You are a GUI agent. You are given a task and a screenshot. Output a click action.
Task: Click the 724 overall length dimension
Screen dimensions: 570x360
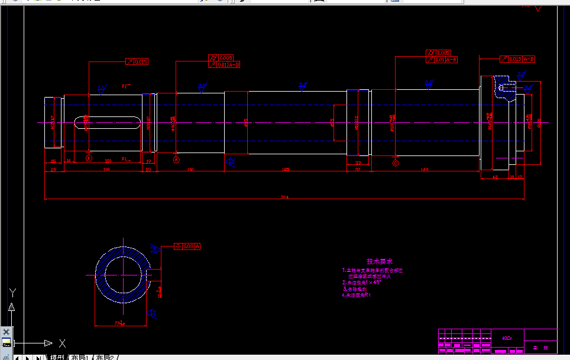pos(284,197)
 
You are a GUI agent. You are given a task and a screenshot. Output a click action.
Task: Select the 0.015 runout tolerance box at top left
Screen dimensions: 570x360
pos(140,61)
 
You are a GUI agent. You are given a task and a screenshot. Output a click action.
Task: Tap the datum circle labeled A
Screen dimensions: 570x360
pos(176,160)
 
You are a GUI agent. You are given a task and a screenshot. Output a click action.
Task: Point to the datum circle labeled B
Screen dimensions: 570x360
pos(89,158)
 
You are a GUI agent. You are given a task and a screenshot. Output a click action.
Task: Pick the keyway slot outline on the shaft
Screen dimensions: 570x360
pos(107,122)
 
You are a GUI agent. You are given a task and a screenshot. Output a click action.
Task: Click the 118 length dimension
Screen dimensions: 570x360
pos(106,170)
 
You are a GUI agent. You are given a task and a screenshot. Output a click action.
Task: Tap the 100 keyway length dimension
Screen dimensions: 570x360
pos(108,161)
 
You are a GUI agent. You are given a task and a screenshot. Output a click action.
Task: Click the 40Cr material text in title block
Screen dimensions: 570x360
pos(507,339)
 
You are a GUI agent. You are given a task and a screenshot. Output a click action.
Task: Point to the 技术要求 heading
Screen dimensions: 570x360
pos(380,261)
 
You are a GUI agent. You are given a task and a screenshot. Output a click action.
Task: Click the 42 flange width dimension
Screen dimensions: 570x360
pos(495,176)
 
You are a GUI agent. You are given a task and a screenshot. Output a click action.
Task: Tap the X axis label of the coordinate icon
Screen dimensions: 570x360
pos(62,343)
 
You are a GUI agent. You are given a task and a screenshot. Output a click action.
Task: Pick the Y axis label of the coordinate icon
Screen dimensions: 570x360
pos(12,291)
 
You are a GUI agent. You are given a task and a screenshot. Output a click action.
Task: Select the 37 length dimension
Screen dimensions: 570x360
pos(358,170)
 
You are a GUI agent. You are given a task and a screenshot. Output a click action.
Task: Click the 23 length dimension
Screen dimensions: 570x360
pos(148,170)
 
